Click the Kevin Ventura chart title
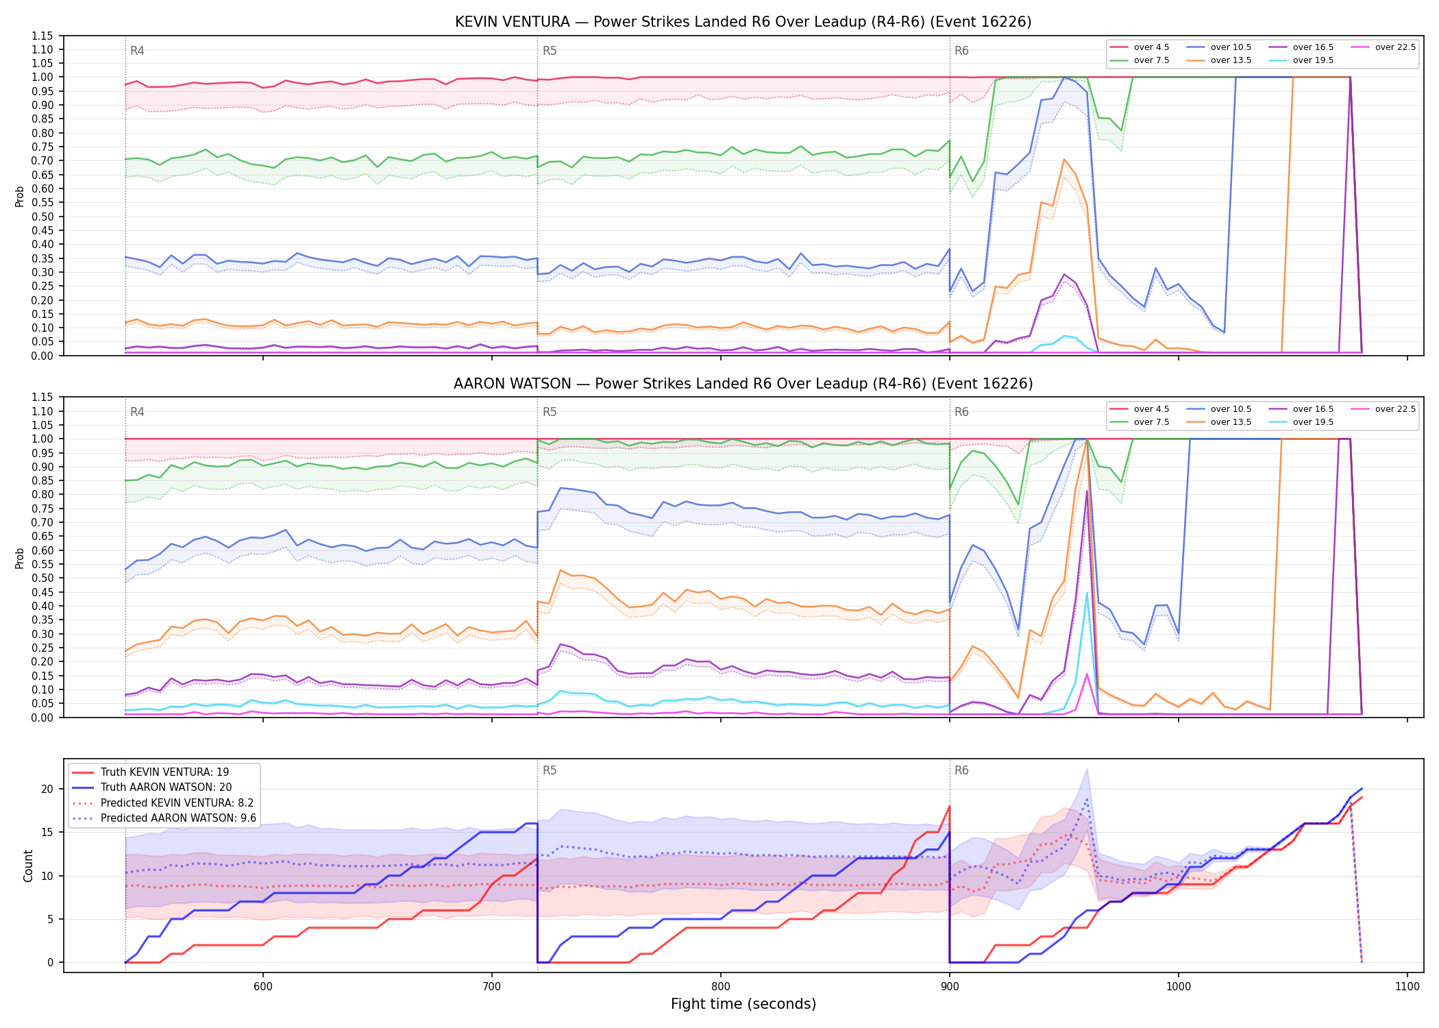tap(743, 22)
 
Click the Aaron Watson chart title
tap(743, 384)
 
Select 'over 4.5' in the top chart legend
tap(1151, 47)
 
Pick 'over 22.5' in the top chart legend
tap(1395, 47)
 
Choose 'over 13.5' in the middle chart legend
tap(1231, 422)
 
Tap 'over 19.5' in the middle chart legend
tap(1313, 422)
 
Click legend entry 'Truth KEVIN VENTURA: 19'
tap(164, 772)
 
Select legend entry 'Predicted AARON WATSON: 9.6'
tap(178, 818)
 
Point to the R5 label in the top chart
tap(550, 51)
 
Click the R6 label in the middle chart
tap(961, 412)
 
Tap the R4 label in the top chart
tap(137, 51)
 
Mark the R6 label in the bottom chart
tap(961, 770)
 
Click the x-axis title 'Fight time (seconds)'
tap(743, 1004)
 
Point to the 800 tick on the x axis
tap(721, 986)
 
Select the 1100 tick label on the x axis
tap(1407, 986)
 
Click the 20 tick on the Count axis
tap(47, 790)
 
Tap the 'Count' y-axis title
tap(28, 866)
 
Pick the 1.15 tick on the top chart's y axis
tap(42, 36)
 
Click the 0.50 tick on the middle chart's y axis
tap(42, 578)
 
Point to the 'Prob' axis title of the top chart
tap(20, 197)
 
